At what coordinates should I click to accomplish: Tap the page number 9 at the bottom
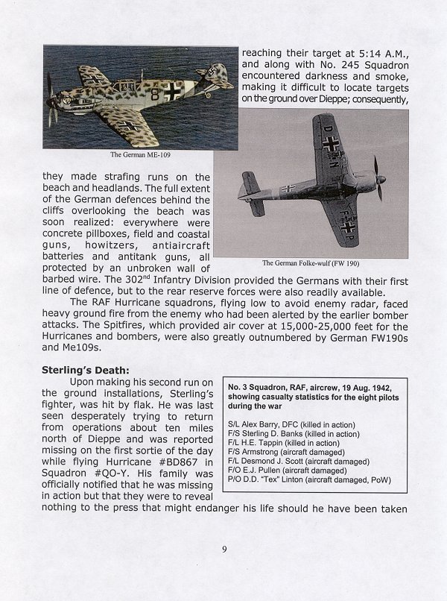pos(223,551)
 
